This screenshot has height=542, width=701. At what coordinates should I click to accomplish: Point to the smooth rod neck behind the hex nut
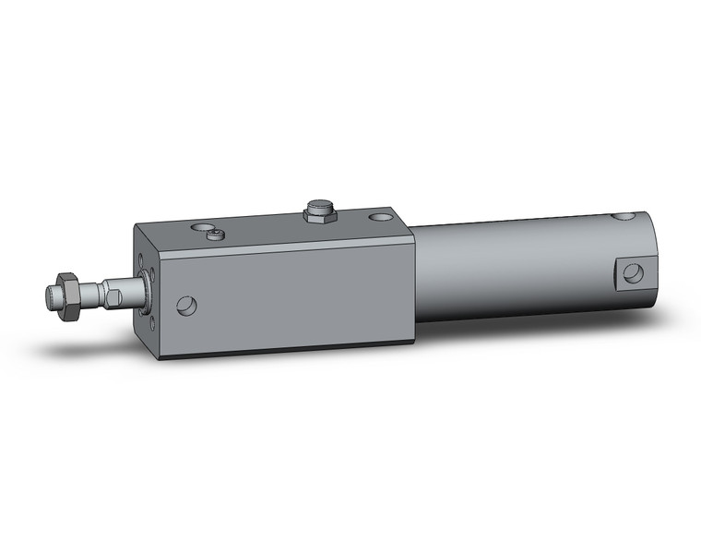(x=89, y=295)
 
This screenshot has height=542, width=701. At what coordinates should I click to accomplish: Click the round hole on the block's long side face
(x=187, y=305)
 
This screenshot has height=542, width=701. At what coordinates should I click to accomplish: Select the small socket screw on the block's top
(x=217, y=235)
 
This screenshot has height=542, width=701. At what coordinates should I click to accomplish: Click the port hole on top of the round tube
(x=624, y=219)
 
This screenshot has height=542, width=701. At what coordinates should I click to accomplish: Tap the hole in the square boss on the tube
(x=633, y=272)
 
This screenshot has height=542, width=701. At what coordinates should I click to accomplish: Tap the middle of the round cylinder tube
(x=517, y=268)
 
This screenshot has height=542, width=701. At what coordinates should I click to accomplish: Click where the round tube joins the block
(x=413, y=277)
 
